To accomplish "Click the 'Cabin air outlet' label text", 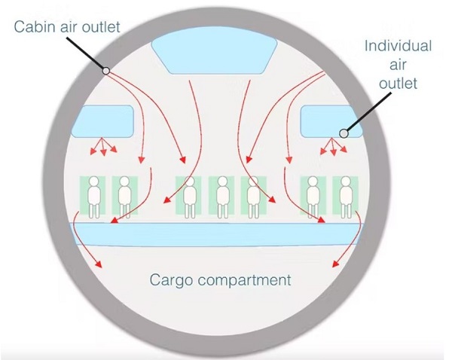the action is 67,27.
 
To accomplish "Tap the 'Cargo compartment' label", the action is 220,280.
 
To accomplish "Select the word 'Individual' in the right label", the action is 398,46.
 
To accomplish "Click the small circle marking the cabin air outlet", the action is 106,71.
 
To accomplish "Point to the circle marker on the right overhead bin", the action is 344,133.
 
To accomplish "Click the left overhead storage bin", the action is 102,121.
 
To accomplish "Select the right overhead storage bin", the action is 331,121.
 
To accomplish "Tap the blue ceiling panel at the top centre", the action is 214,55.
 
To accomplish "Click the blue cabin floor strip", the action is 217,234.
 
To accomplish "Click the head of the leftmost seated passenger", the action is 93,182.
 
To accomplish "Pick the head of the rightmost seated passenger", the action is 346,182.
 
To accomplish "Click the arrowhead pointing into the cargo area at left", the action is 99,264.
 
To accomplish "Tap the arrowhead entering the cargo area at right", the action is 335,264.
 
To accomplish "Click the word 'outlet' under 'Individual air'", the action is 398,83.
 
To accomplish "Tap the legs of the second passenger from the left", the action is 125,211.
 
